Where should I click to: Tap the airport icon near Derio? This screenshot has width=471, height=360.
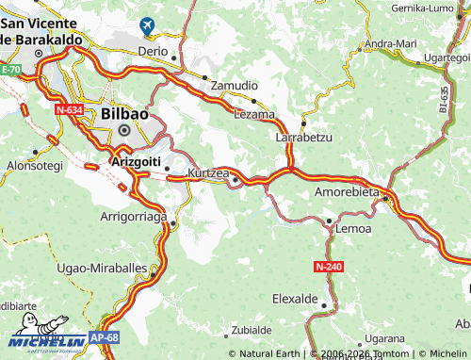pos(149,26)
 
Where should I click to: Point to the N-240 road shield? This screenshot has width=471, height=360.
pos(329,267)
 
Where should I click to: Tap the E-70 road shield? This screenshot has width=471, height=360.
pos(10,70)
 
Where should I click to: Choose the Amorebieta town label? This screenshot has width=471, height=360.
pos(345,192)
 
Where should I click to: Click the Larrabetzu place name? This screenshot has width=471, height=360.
pos(304,138)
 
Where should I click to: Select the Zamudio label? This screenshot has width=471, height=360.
pos(234,85)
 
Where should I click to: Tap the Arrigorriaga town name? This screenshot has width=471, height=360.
pos(133,217)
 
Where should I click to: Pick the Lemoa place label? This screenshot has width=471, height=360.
pos(353,229)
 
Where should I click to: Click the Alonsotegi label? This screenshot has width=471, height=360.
pos(34,165)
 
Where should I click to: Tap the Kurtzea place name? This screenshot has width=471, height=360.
pos(208,173)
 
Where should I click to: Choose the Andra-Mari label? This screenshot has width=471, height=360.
pos(390,43)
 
